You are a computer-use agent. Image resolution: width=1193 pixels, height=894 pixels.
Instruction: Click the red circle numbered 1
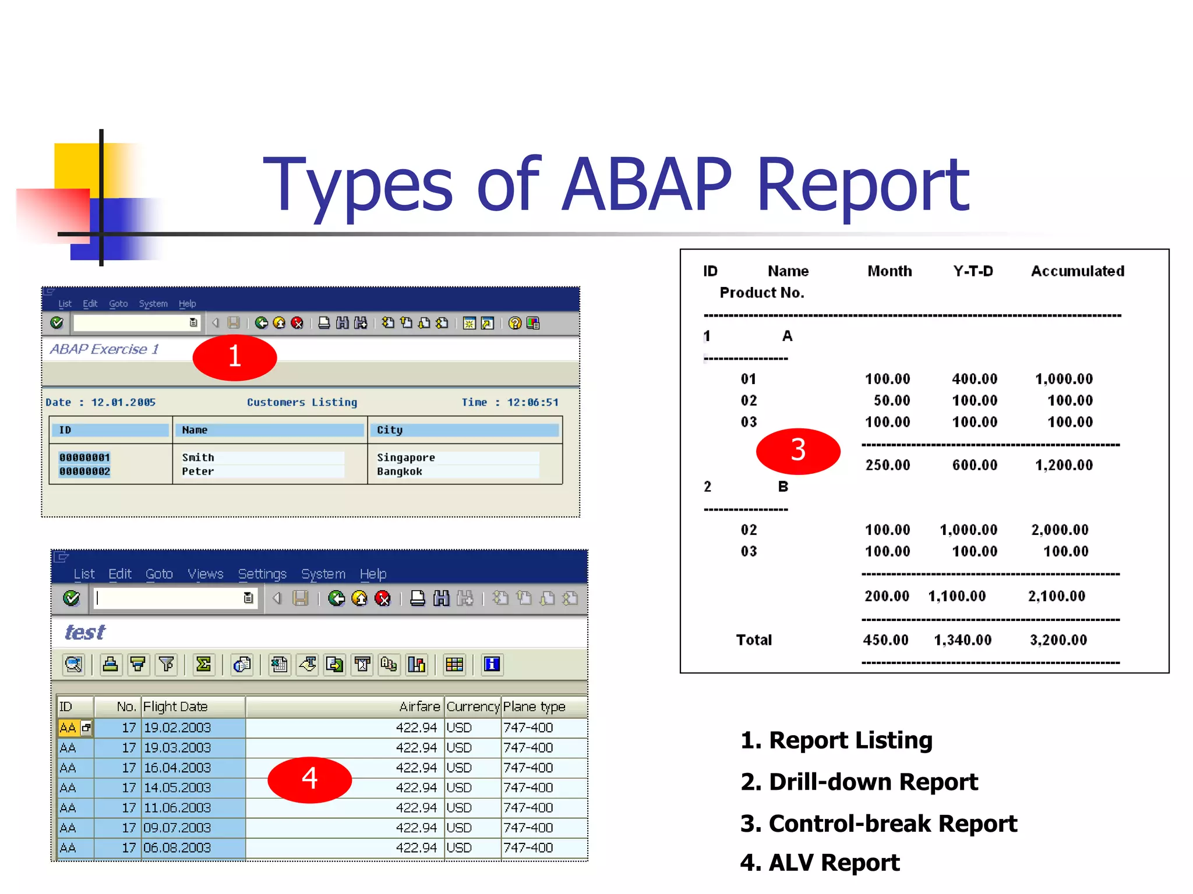tap(235, 357)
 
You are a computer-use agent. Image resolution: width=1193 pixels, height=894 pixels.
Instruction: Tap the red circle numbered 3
tap(798, 450)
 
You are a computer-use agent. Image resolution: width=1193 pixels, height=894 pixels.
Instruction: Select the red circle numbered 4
tap(309, 779)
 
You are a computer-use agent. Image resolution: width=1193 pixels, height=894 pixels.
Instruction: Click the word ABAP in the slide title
tap(647, 185)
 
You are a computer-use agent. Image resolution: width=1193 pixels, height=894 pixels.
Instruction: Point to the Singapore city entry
tap(405, 457)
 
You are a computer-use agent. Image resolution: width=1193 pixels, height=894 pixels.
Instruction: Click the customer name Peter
tap(198, 471)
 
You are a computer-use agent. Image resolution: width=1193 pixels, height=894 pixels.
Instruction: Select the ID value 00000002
tap(84, 471)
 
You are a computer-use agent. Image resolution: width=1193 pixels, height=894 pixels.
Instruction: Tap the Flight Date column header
tap(175, 707)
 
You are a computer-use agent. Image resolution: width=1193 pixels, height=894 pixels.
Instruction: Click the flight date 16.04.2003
tap(177, 768)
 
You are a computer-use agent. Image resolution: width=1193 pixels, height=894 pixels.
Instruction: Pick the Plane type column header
tap(534, 707)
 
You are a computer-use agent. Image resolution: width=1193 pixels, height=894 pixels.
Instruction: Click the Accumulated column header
tap(1077, 271)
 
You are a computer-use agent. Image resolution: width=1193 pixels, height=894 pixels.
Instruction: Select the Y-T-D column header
tap(973, 271)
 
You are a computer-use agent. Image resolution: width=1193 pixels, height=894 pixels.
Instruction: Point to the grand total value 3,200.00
tap(1058, 640)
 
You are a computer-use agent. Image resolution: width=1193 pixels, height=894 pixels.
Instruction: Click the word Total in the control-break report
tap(754, 640)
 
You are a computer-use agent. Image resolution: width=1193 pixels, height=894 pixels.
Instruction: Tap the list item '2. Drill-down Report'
tap(859, 782)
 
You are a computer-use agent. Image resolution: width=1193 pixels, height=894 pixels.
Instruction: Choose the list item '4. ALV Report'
tap(820, 863)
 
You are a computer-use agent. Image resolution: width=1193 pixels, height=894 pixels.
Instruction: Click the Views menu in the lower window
tap(205, 574)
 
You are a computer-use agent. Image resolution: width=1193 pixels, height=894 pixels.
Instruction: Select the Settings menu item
tap(262, 574)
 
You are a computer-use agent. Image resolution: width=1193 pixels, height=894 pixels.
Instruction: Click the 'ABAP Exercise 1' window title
tap(104, 349)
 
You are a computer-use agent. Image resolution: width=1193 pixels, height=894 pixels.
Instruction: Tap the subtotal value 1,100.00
tap(956, 596)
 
